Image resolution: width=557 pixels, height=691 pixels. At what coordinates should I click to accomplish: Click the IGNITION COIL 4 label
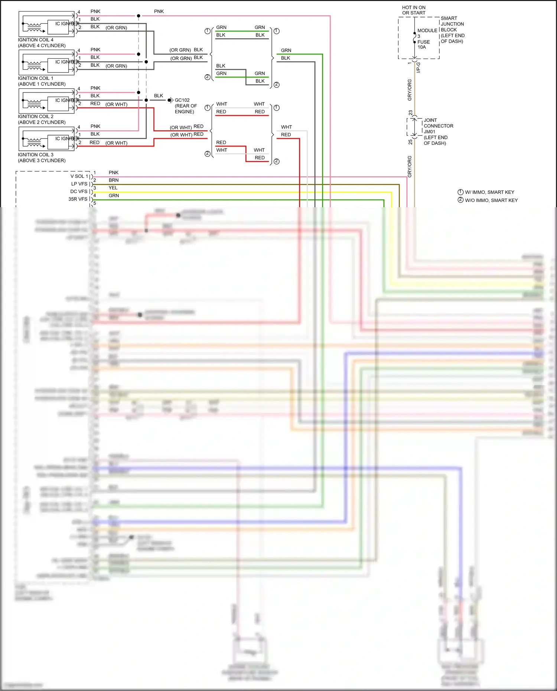point(41,43)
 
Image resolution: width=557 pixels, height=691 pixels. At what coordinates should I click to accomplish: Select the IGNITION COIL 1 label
point(41,81)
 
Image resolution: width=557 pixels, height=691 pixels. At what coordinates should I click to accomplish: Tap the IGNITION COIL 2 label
point(41,119)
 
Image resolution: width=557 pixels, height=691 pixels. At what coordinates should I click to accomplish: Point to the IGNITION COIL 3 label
point(41,157)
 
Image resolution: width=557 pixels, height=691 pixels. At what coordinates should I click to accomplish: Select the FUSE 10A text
point(423,45)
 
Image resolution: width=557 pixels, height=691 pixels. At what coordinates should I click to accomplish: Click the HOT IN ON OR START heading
point(414,10)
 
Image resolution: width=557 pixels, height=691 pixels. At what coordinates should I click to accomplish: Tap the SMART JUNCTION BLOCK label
point(452,30)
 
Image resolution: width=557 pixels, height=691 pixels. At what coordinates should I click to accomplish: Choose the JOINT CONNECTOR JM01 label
point(438,131)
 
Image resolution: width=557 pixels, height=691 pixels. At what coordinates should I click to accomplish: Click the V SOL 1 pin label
point(79,176)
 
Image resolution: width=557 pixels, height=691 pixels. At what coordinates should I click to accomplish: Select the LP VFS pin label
point(79,184)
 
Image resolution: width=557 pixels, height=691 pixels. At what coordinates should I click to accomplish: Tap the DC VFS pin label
point(79,192)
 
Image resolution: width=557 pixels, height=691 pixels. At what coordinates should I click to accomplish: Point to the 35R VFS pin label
point(78,199)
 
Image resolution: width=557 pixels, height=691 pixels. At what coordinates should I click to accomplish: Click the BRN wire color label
point(114,180)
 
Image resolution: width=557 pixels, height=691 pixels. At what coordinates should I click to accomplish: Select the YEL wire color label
point(113,188)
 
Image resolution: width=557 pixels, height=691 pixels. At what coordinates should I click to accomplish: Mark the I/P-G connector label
point(418,67)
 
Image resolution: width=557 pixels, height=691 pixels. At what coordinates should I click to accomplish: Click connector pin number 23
point(410,113)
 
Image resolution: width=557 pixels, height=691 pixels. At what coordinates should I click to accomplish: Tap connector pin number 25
point(410,142)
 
